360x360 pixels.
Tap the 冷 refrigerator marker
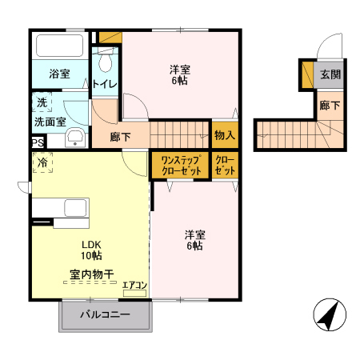pos(41,163)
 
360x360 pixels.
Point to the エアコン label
pos(134,284)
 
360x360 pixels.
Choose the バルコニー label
pos(105,315)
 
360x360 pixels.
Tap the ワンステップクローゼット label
pos(180,166)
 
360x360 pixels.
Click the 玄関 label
pos(330,74)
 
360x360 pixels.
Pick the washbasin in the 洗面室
pos(76,137)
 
